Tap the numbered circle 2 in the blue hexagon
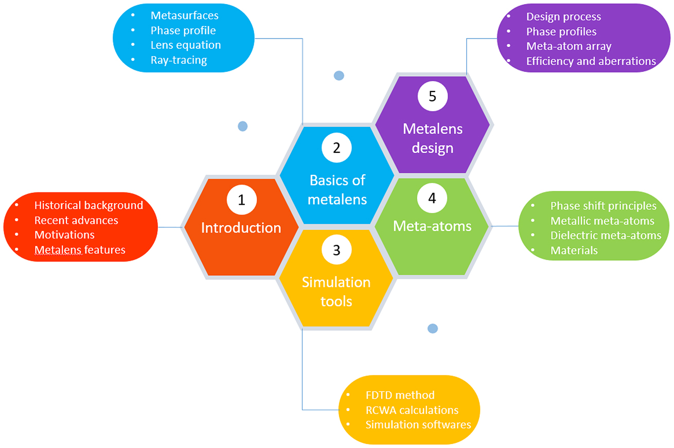coord(336,148)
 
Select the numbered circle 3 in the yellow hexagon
coord(336,250)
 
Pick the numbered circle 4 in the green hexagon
coord(432,199)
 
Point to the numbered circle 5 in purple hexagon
coord(432,97)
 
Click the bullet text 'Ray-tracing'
coord(179,60)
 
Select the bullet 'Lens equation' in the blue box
coord(185,45)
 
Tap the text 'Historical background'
coord(88,205)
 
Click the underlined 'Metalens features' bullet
coord(80,250)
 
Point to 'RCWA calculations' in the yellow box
coord(412,410)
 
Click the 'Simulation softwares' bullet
coord(418,425)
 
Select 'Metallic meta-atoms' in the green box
coord(602,221)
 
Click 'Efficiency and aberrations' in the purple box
coord(591,61)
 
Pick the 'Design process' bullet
coord(563,16)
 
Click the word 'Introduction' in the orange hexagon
coord(241,228)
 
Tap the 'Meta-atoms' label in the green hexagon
coord(432,226)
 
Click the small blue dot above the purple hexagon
coord(339,76)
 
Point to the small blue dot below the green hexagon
coord(433,328)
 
